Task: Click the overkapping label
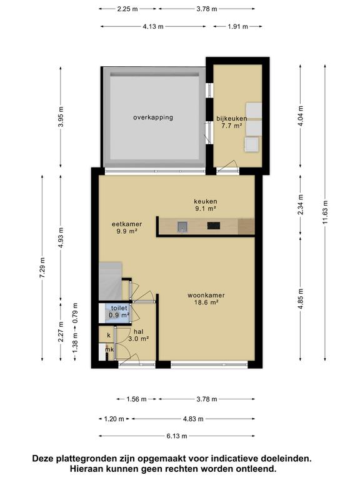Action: click(x=152, y=117)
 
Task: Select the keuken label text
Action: click(x=204, y=201)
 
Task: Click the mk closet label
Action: click(x=109, y=349)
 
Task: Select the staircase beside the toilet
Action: click(x=111, y=281)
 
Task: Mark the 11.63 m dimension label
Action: click(x=326, y=219)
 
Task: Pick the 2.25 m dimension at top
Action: click(x=128, y=9)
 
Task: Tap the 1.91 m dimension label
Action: click(x=237, y=27)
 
